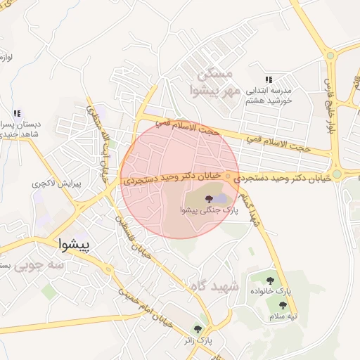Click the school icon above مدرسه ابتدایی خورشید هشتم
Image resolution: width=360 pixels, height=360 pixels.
(268, 80)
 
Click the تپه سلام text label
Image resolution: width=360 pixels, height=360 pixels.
(283, 316)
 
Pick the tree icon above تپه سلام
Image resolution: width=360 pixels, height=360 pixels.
(283, 306)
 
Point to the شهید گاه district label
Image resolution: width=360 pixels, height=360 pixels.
(214, 287)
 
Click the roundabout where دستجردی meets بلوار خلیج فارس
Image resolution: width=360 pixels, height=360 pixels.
(337, 174)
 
